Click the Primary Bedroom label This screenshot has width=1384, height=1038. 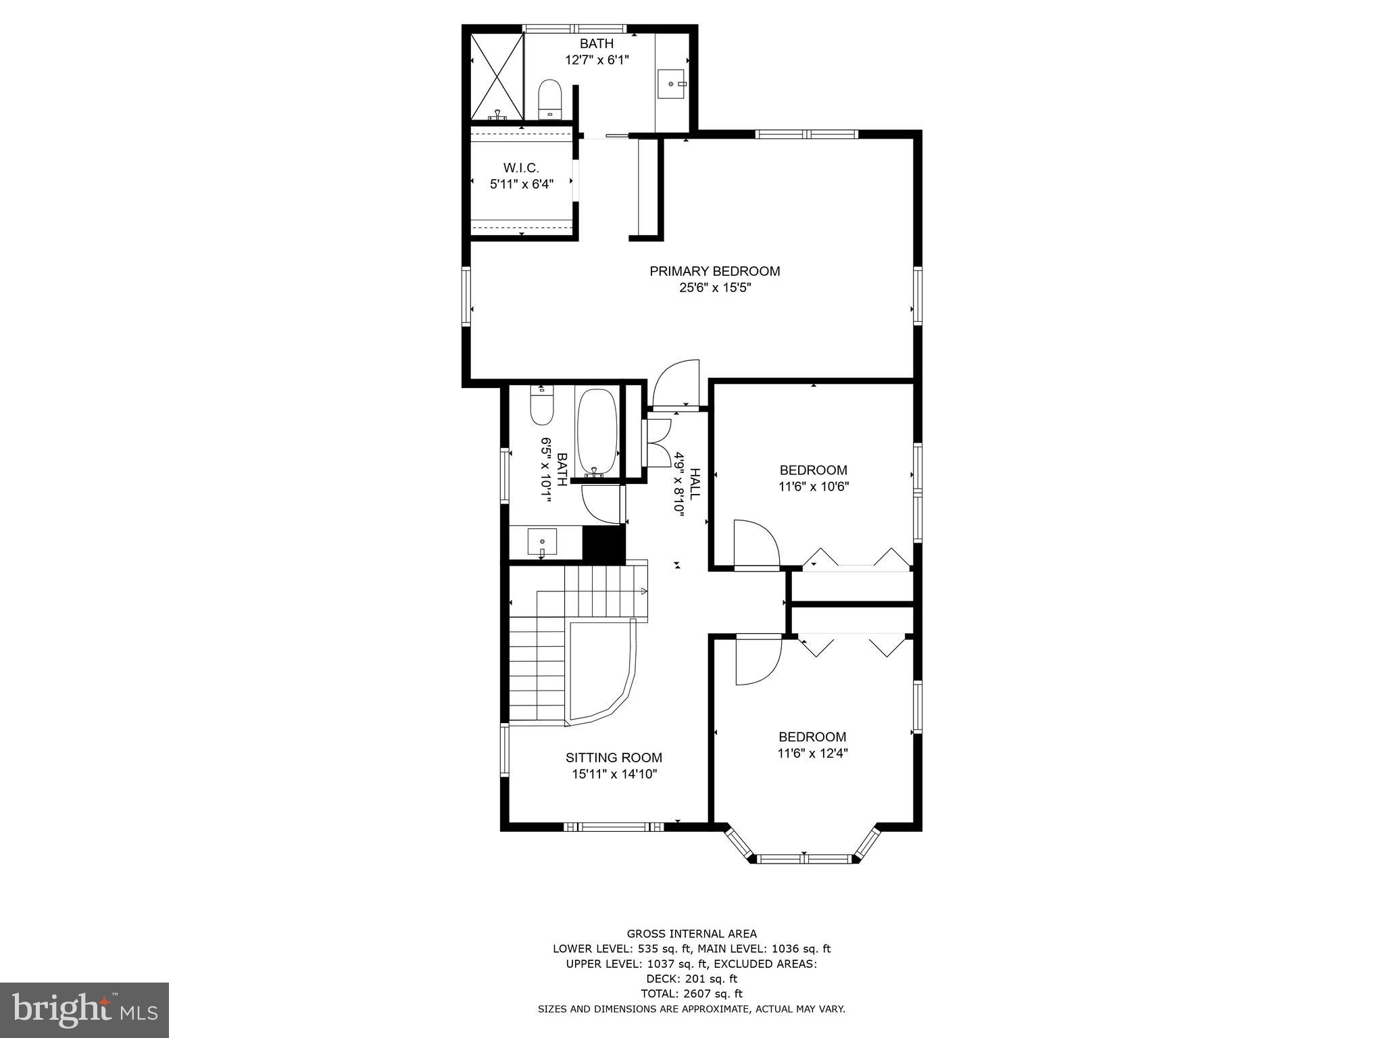714,271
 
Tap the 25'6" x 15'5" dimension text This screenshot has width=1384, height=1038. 715,288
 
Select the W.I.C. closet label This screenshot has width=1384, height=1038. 521,168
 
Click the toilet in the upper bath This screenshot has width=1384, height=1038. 549,99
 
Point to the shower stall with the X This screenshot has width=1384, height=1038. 497,76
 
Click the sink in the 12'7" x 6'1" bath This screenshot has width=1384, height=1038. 672,84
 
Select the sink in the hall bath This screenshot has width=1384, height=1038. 542,541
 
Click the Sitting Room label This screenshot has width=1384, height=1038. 614,758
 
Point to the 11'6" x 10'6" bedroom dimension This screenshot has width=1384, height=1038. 813,486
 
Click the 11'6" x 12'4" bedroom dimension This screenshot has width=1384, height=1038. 812,753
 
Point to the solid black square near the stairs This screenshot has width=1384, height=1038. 603,543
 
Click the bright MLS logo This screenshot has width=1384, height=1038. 84,1009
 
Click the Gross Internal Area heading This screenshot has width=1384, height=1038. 691,934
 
